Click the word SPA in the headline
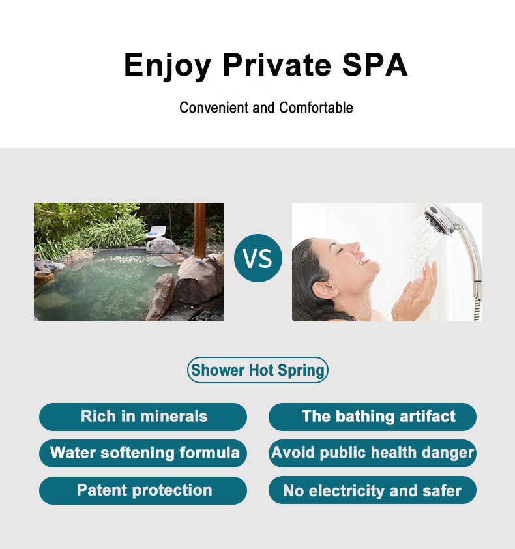tap(375, 65)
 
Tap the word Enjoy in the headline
tap(168, 67)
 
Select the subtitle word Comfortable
tap(316, 108)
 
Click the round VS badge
tap(258, 258)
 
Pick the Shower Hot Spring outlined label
tap(257, 370)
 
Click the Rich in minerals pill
tap(143, 417)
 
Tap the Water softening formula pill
tap(143, 453)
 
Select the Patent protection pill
tap(143, 490)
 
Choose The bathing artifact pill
tap(372, 417)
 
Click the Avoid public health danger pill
tap(372, 453)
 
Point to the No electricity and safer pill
tap(372, 490)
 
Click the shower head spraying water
tap(439, 219)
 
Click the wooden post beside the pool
tap(200, 230)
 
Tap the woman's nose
tap(355, 247)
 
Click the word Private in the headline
tap(277, 65)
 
